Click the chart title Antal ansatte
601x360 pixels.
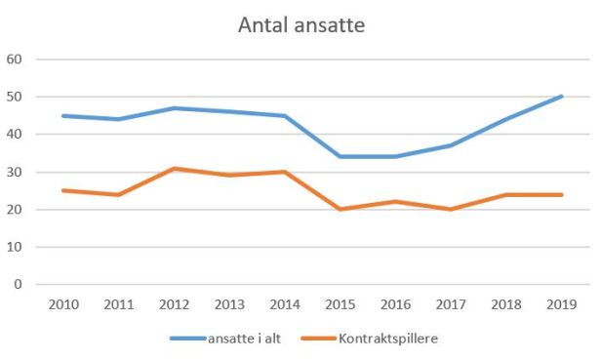click(301, 25)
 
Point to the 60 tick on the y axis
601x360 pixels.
click(15, 60)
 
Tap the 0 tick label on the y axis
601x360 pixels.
click(18, 285)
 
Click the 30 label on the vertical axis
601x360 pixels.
click(15, 173)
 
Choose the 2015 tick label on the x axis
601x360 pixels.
click(341, 303)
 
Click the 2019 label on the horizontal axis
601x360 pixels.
click(562, 303)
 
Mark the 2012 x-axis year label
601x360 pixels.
click(174, 303)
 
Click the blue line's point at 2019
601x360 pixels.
click(562, 97)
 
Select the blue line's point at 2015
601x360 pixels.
click(341, 156)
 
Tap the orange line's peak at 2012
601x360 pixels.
click(174, 169)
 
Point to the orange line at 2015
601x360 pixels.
click(341, 209)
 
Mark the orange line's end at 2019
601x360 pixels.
click(562, 194)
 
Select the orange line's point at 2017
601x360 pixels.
click(452, 209)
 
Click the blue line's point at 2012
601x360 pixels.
click(174, 108)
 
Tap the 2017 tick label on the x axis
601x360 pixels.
click(452, 303)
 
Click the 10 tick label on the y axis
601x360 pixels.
click(15, 248)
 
